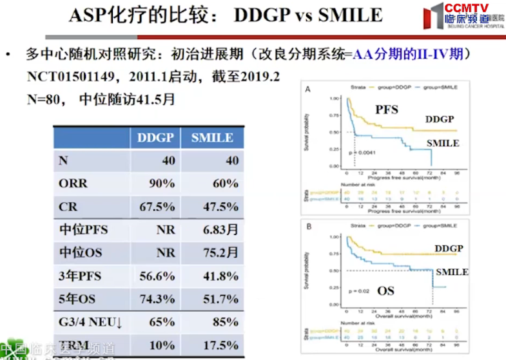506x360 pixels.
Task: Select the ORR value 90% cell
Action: pyautogui.click(x=161, y=184)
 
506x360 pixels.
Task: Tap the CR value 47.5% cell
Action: pyautogui.click(x=221, y=207)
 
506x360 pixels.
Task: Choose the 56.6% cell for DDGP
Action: pyautogui.click(x=157, y=276)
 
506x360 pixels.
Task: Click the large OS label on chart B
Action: pyautogui.click(x=385, y=291)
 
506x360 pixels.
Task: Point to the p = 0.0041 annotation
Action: pyautogui.click(x=363, y=152)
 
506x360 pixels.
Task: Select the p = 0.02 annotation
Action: pyautogui.click(x=359, y=292)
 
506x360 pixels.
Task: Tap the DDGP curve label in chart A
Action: pyautogui.click(x=440, y=119)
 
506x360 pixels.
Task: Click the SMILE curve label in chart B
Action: pyautogui.click(x=451, y=272)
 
